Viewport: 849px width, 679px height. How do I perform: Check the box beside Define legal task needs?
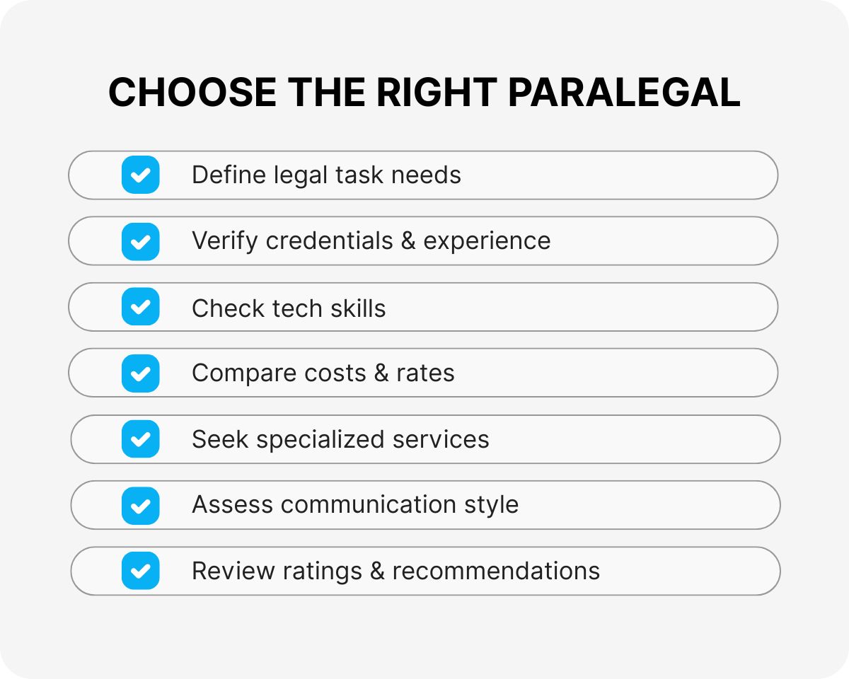[141, 175]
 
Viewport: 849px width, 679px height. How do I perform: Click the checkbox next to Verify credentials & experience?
[141, 241]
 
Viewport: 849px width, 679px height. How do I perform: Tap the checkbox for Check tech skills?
[141, 307]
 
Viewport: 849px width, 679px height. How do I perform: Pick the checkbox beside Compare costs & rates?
[141, 373]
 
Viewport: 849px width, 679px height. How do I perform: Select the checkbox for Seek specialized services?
[141, 439]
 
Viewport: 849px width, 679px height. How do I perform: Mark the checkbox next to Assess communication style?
[141, 505]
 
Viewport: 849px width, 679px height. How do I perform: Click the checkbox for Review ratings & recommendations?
[141, 571]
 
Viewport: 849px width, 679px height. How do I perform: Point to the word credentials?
[329, 241]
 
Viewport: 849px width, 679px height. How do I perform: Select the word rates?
[426, 373]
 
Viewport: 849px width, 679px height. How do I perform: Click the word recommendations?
[496, 571]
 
